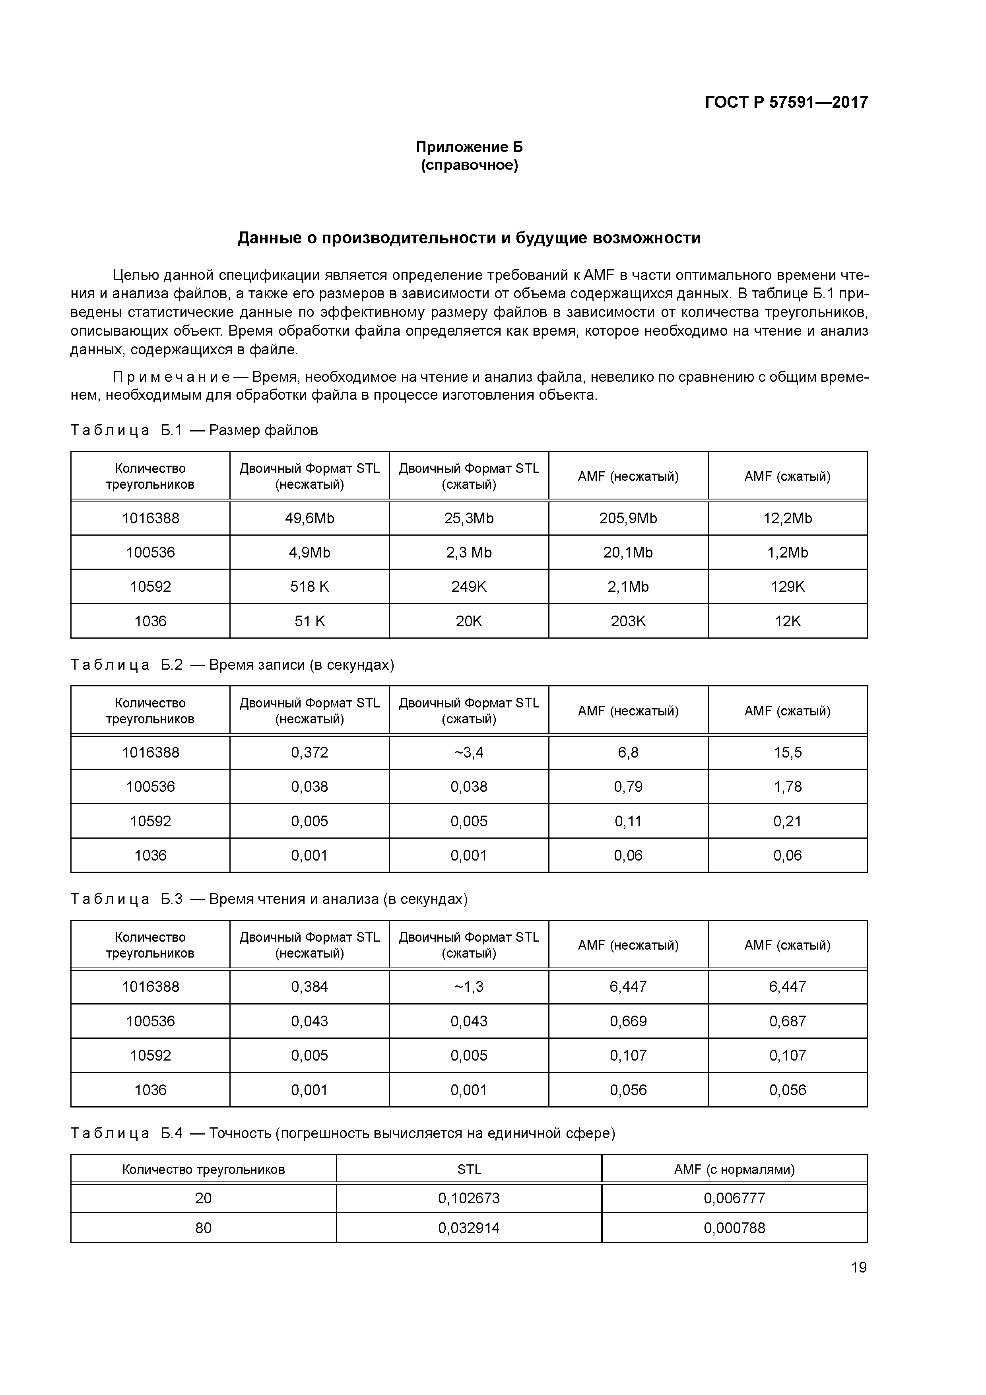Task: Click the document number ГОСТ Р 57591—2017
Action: point(786,102)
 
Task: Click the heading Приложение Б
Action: point(469,147)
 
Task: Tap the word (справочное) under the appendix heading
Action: point(469,165)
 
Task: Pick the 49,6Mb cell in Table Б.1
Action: point(309,518)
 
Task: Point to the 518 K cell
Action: point(309,586)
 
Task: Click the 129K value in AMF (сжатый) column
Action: point(787,586)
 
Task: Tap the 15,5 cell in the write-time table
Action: point(787,752)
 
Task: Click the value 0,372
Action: point(309,752)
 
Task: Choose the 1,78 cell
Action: point(787,787)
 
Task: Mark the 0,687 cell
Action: point(787,1021)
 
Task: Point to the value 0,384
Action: point(309,987)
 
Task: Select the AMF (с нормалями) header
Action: point(734,1170)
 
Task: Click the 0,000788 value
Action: point(734,1228)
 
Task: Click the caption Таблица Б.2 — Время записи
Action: point(232,664)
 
